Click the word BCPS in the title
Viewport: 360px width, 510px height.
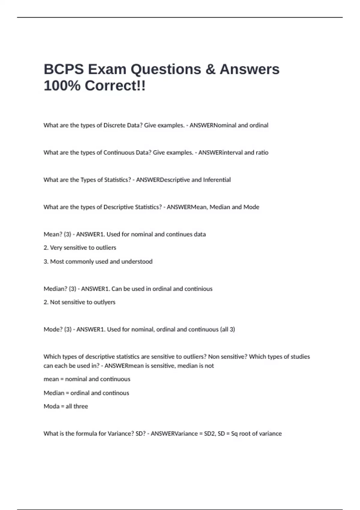64,69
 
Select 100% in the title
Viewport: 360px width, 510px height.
62,86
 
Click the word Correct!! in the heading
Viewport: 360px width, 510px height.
115,86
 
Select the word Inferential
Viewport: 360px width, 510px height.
217,180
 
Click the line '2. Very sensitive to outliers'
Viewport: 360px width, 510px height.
80,248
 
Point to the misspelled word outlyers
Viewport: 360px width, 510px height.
104,302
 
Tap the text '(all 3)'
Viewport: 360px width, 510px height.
228,329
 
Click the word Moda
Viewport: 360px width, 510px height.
52,406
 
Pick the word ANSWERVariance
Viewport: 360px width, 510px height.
174,434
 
